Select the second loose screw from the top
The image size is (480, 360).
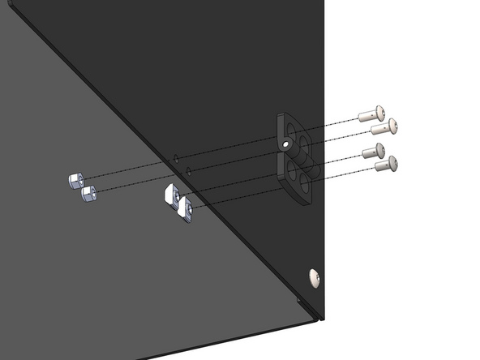click(x=384, y=126)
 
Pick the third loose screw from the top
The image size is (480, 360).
click(x=375, y=151)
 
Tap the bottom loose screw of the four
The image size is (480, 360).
click(x=386, y=165)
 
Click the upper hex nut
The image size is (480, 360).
click(x=75, y=179)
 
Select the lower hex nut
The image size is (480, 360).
click(x=87, y=193)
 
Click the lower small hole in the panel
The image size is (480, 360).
click(x=188, y=170)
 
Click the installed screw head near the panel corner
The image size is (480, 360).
click(x=315, y=277)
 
